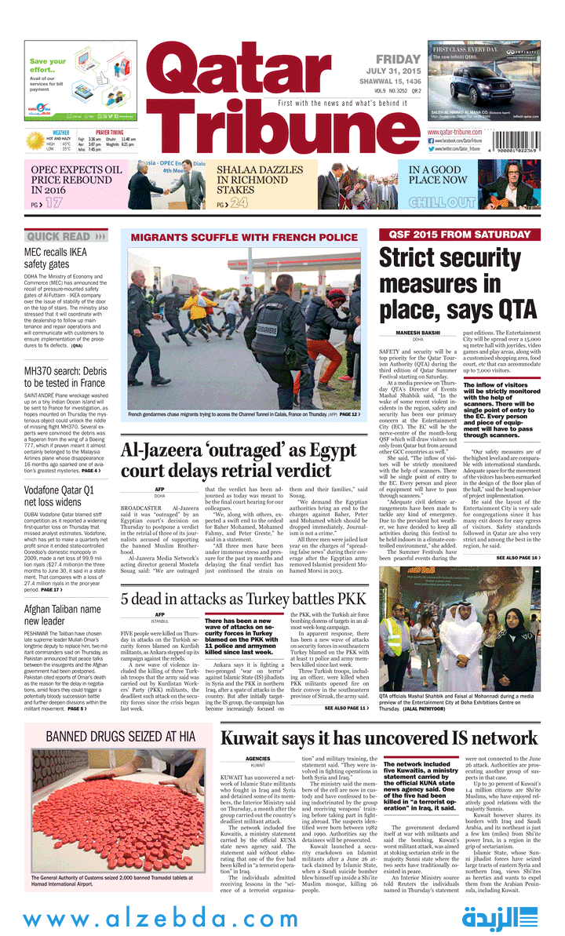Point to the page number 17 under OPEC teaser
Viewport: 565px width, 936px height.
click(x=53, y=204)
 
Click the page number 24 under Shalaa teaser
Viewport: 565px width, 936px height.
click(x=239, y=204)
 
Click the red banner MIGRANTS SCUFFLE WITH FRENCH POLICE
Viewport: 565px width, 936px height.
click(x=243, y=237)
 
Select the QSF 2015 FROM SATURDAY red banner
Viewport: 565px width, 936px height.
click(x=459, y=234)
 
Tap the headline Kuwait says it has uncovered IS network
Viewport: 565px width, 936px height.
click(x=379, y=738)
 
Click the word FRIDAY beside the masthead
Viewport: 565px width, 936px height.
click(x=399, y=60)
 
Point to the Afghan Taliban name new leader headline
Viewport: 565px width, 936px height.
click(x=62, y=615)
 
